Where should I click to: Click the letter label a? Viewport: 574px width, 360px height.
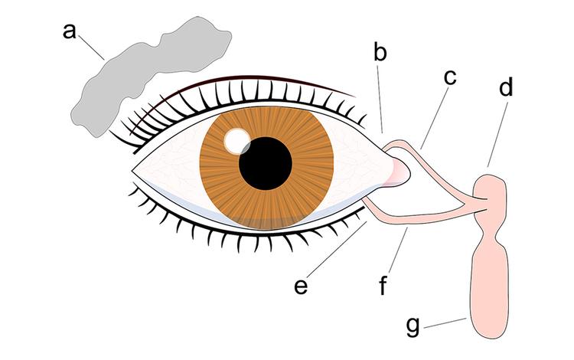coord(70,32)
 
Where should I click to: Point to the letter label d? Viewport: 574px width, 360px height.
coord(506,89)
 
